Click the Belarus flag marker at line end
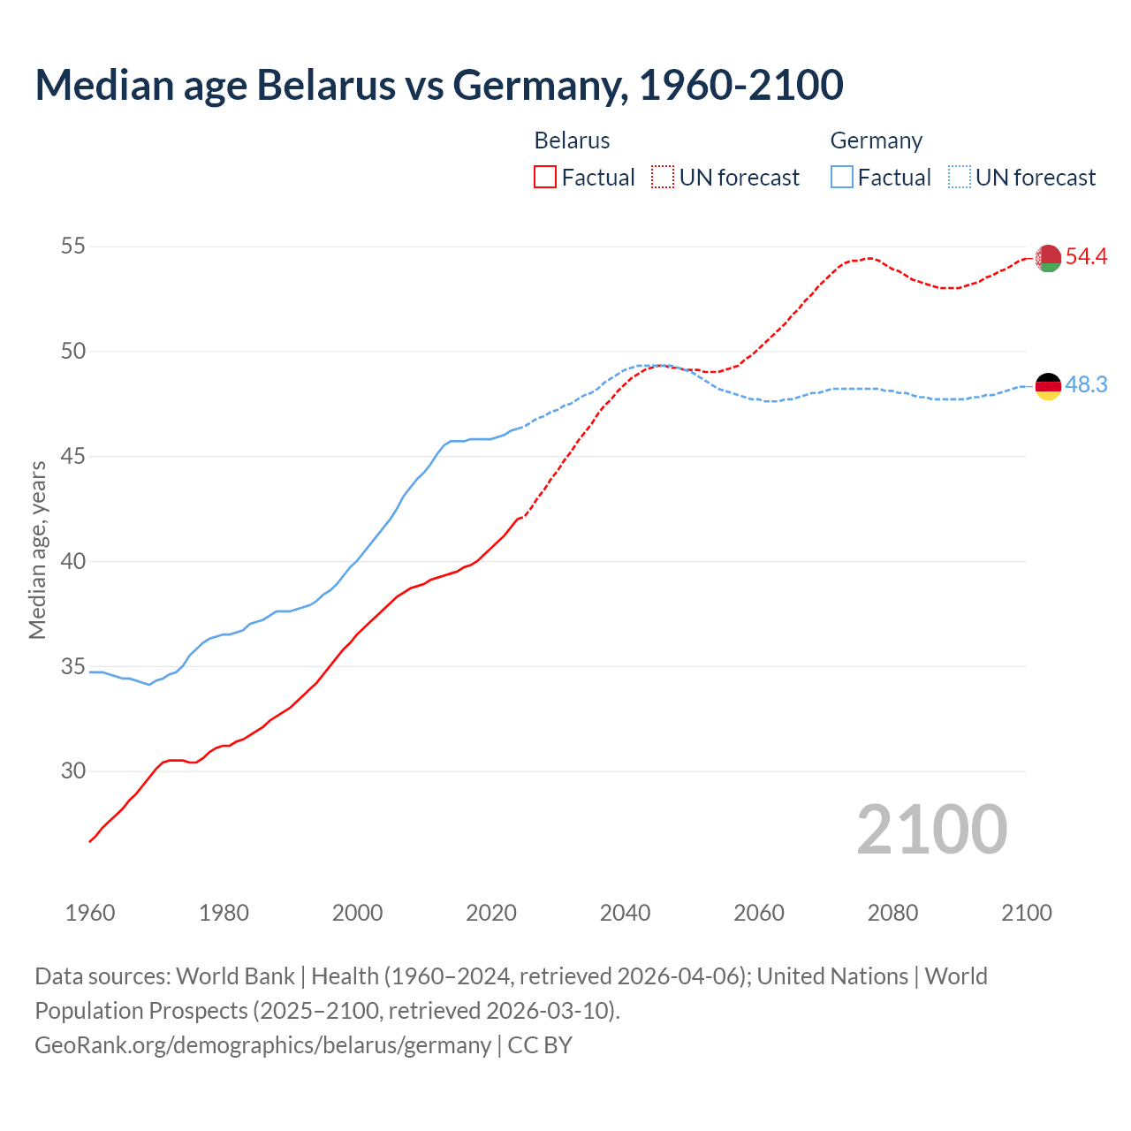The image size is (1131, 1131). (x=1048, y=258)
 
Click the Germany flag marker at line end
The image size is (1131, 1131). (x=1048, y=386)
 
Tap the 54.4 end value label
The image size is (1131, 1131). (x=1086, y=256)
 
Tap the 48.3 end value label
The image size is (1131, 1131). (x=1086, y=384)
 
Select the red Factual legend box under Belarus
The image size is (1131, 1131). (x=545, y=178)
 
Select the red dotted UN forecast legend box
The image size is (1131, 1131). (x=663, y=178)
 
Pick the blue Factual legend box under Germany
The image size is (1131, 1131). (x=842, y=178)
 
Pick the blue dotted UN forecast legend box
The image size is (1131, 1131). (x=959, y=178)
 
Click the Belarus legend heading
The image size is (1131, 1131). (x=572, y=140)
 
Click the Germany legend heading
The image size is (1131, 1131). (x=876, y=140)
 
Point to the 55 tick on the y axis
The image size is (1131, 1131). (x=73, y=246)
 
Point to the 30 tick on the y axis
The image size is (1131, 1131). (x=73, y=771)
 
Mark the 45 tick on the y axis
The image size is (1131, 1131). (x=73, y=456)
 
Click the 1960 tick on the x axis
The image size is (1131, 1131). (x=90, y=913)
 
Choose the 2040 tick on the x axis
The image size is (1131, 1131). (x=625, y=913)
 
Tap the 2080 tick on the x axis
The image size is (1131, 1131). (x=892, y=913)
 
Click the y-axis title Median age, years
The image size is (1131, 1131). (x=37, y=550)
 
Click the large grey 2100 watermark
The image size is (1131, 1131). (x=931, y=829)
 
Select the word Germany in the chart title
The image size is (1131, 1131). (x=540, y=85)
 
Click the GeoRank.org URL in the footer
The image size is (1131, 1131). (x=262, y=1044)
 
